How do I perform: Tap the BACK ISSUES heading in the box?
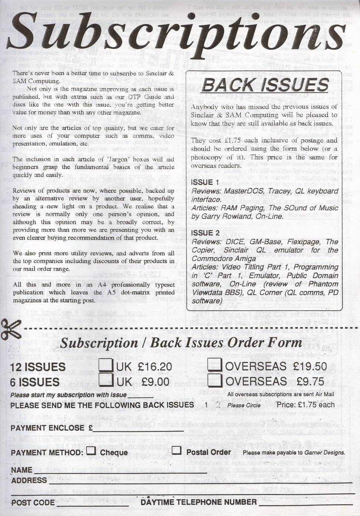pyautogui.click(x=265, y=85)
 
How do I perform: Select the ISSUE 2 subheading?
pyautogui.click(x=205, y=233)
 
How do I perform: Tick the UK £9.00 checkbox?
pyautogui.click(x=106, y=381)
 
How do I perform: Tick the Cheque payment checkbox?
pyautogui.click(x=91, y=451)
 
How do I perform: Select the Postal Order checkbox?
pyautogui.click(x=177, y=451)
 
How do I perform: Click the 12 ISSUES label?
pyautogui.click(x=38, y=367)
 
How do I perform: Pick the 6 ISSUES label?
pyautogui.click(x=35, y=382)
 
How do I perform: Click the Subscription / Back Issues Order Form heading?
pyautogui.click(x=181, y=342)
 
